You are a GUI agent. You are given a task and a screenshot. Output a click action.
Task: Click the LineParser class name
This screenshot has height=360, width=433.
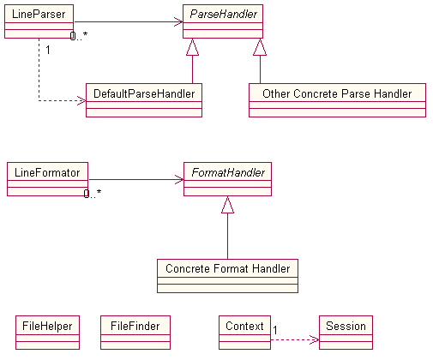click(39, 14)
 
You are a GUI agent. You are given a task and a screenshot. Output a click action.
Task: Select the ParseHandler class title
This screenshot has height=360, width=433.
click(224, 14)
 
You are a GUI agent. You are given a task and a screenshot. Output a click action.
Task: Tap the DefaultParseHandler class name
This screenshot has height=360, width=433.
click(144, 93)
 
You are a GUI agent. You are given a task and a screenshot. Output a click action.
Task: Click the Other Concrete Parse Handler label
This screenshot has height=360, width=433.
click(337, 93)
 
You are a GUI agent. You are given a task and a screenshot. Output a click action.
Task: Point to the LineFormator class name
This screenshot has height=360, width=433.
click(47, 172)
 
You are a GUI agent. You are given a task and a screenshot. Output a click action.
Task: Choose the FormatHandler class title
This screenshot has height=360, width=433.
click(228, 172)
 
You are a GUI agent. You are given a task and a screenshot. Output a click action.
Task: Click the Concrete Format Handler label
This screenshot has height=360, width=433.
click(227, 268)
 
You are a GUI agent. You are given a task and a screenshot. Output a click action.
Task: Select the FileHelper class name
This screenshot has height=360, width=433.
click(47, 326)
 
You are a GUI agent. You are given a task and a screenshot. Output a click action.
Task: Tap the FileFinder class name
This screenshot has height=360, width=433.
click(135, 326)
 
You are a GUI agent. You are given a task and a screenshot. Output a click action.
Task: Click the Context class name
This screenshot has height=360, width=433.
click(244, 326)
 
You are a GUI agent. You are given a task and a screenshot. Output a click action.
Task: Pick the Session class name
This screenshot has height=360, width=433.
click(346, 326)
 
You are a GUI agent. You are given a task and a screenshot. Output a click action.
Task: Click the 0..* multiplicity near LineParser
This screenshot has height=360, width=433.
click(79, 36)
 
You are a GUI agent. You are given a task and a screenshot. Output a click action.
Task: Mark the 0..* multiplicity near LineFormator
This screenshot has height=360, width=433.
click(93, 194)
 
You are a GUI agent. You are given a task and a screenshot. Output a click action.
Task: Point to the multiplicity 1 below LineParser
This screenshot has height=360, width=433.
click(48, 50)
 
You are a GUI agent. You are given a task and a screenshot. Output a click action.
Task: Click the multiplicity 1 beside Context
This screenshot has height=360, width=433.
click(275, 330)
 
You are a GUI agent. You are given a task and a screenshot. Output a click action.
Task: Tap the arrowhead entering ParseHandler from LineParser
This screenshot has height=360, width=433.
click(178, 21)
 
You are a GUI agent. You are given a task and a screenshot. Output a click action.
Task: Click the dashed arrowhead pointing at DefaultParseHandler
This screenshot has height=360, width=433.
click(81, 100)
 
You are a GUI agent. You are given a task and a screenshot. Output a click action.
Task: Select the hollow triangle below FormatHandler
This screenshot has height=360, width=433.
click(227, 205)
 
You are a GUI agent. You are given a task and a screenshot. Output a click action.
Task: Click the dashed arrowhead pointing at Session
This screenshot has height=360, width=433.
click(315, 339)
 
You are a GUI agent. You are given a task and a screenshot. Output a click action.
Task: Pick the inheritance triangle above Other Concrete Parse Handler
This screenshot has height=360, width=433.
click(260, 47)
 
